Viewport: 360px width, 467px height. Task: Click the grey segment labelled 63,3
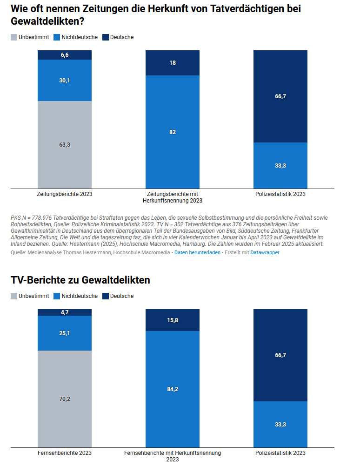point(65,145)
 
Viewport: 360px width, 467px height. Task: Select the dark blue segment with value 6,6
point(65,55)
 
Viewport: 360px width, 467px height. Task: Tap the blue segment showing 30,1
point(65,81)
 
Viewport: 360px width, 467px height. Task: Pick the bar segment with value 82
point(173,132)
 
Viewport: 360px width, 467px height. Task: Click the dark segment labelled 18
point(173,63)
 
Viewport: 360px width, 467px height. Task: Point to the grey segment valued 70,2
point(65,399)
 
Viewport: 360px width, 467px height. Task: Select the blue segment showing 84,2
point(173,389)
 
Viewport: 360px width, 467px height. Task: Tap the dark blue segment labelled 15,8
point(173,320)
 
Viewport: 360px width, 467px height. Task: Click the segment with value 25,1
point(65,333)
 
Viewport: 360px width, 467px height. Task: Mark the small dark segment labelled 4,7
point(65,312)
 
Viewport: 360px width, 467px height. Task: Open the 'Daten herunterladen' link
point(197,252)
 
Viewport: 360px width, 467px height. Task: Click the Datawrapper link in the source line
point(265,252)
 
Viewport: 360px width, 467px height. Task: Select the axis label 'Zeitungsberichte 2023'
point(65,194)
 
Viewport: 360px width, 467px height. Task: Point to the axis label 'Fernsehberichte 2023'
point(65,453)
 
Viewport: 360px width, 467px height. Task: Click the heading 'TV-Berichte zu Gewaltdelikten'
point(80,280)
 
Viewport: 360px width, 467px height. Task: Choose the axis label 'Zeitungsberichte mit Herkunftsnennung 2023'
point(173,197)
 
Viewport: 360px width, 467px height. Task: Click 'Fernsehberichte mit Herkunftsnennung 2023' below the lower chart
point(173,456)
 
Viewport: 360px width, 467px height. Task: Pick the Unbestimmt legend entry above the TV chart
point(30,296)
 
